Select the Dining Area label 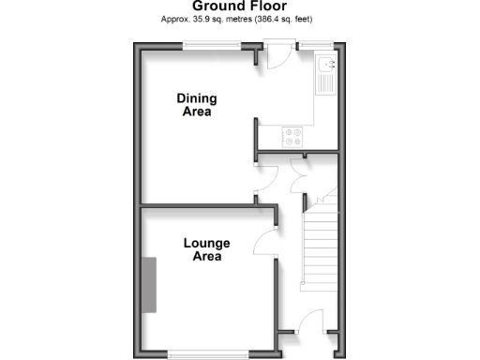coord(196,104)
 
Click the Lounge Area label coord(206,249)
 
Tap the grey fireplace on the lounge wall coord(148,285)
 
